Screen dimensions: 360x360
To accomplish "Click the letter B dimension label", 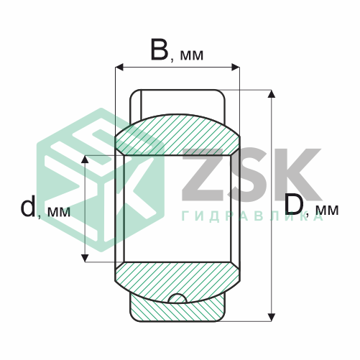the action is tap(160, 50).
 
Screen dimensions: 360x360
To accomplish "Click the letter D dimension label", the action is tap(294, 203).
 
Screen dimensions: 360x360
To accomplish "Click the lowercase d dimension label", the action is tap(28, 206).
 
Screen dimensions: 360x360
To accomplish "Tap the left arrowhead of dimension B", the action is tap(119, 68).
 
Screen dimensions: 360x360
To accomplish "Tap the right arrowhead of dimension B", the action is tap(236, 68).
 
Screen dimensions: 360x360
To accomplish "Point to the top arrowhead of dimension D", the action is tap(271, 94).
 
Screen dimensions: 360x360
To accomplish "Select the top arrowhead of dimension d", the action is tap(85, 160).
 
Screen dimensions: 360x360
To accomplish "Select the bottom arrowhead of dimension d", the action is tap(85, 258).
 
